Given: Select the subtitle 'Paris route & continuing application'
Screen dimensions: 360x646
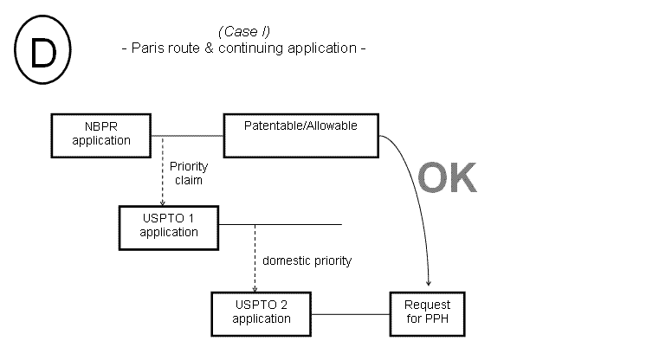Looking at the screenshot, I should [x=243, y=48].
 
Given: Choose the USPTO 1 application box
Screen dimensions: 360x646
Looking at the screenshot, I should [x=168, y=226].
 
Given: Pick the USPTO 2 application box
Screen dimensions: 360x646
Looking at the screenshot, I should [x=262, y=312].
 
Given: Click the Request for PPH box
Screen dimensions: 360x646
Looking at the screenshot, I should [x=428, y=312].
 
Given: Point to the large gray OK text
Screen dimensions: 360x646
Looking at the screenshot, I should [x=447, y=177].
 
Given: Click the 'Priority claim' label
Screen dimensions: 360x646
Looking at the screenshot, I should [x=186, y=173].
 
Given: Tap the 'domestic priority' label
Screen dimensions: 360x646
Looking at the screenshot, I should [x=307, y=260].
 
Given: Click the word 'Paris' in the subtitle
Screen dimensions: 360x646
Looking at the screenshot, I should [x=147, y=48].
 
